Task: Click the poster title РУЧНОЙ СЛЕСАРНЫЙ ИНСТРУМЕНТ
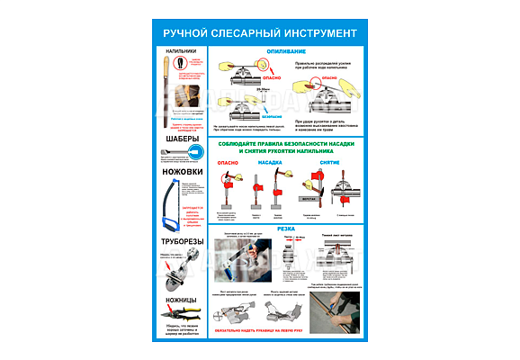[x=259, y=33]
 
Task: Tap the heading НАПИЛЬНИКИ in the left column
[x=181, y=51]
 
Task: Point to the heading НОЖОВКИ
[x=180, y=171]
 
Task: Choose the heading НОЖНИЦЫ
[x=181, y=298]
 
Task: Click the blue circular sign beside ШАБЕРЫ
[x=201, y=153]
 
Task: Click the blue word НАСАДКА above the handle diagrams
[x=273, y=163]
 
